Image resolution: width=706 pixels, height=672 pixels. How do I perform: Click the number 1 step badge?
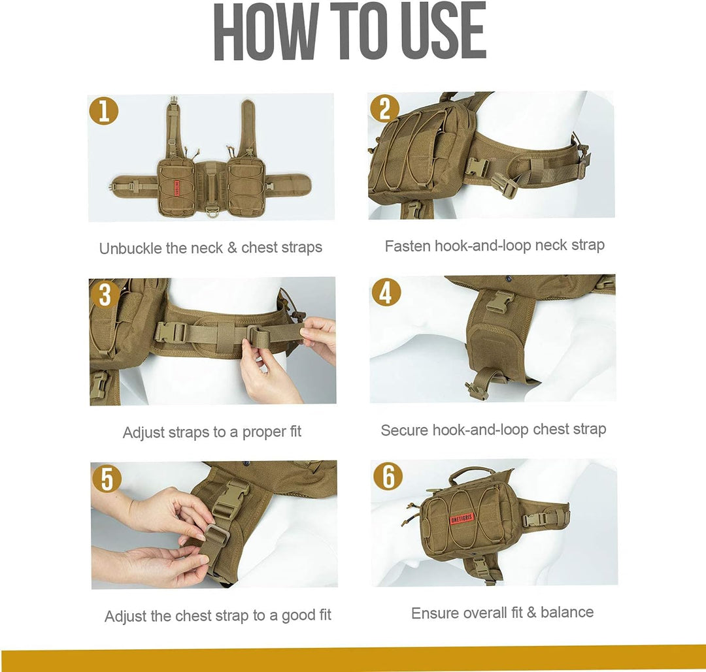104,110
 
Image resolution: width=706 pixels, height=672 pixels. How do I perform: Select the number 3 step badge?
105,295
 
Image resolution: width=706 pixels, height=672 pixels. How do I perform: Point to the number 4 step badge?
386,293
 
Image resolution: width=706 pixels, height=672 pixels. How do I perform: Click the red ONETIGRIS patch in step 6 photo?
462,519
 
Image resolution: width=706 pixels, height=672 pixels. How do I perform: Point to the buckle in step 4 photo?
499,300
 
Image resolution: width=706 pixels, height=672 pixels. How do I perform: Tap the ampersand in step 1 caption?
231,248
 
